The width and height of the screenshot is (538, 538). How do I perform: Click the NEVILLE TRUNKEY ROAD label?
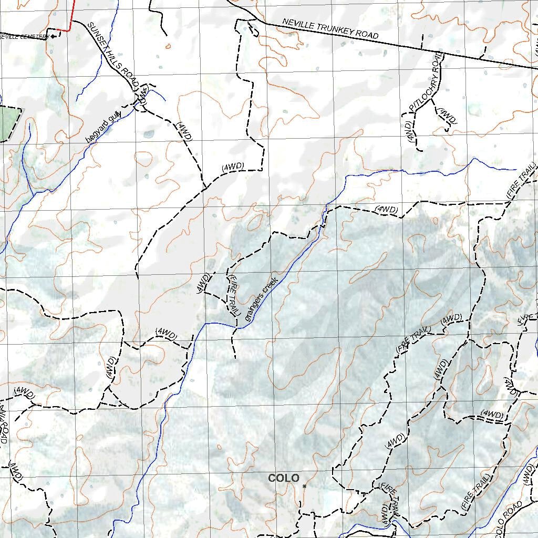(x=330, y=29)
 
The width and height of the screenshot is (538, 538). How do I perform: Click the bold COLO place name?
(x=284, y=478)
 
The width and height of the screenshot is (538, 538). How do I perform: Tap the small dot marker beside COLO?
(x=304, y=486)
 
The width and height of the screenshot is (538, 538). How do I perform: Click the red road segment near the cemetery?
(x=71, y=16)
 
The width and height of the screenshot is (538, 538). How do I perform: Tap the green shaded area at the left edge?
(x=8, y=123)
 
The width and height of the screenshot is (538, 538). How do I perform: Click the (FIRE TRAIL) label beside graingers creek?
(x=234, y=294)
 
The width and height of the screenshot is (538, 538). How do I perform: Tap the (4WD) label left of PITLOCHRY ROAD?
(x=410, y=130)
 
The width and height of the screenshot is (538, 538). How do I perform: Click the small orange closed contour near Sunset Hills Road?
(x=168, y=46)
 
